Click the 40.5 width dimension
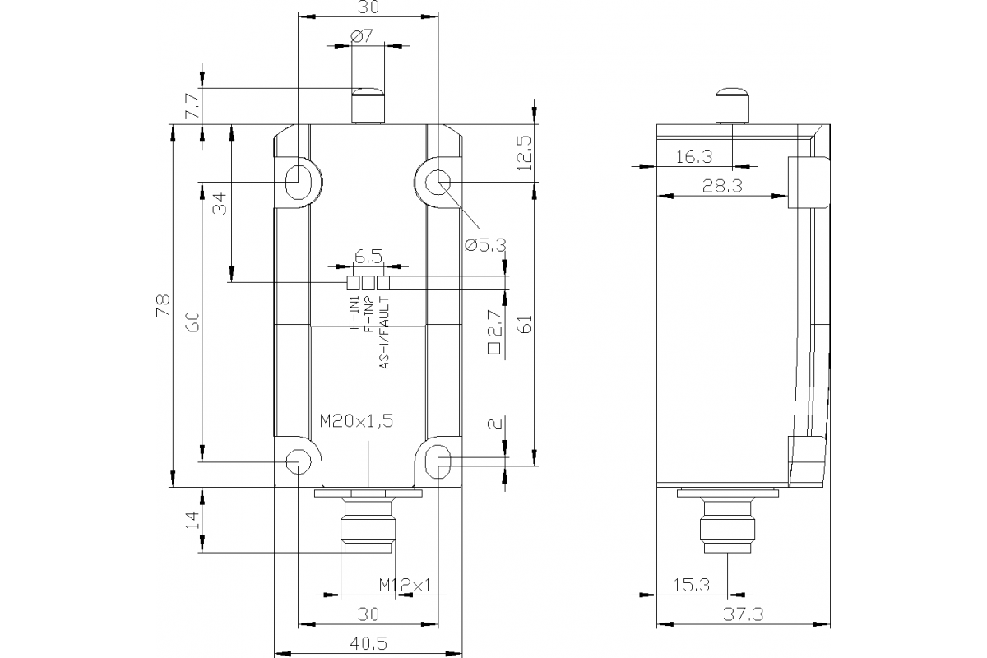click(x=368, y=644)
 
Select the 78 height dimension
click(x=163, y=305)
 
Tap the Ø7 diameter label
click(x=362, y=36)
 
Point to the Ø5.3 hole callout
click(x=485, y=245)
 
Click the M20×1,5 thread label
click(x=356, y=421)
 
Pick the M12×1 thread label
click(x=405, y=586)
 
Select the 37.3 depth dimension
click(x=744, y=614)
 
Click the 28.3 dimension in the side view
click(x=723, y=186)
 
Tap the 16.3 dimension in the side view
click(x=694, y=156)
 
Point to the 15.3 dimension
click(x=692, y=586)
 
